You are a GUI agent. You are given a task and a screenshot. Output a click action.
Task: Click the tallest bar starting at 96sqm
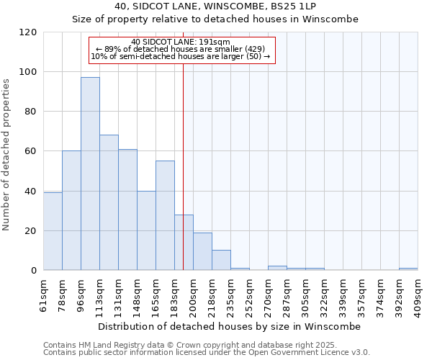90,174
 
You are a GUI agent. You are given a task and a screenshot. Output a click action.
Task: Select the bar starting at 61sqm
53,231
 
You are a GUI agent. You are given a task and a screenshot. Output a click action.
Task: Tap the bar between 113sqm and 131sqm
109,202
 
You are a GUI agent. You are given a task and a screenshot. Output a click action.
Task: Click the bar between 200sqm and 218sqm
202,251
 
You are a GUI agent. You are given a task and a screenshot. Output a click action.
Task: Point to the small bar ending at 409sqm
408,269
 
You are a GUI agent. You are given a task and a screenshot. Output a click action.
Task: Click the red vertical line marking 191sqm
184,166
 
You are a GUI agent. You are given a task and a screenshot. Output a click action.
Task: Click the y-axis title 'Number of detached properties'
7,155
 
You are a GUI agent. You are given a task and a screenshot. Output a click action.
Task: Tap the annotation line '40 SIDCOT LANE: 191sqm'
181,42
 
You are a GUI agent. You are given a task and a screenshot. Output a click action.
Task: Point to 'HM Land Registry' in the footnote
99,345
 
